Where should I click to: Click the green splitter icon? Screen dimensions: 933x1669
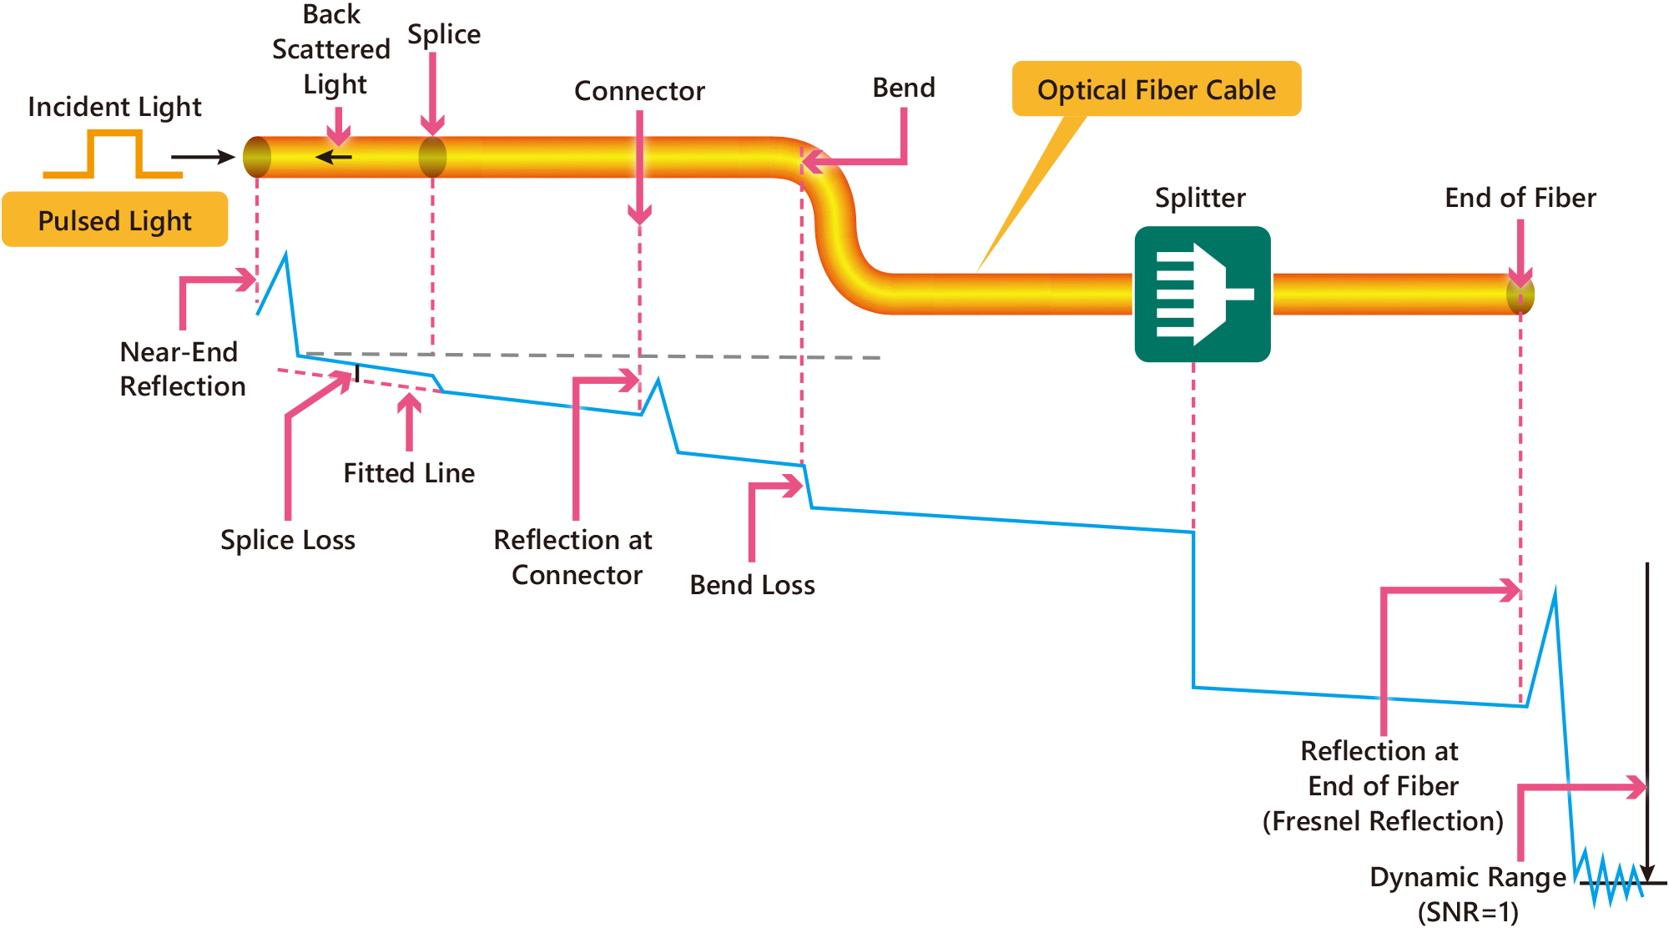coord(1203,294)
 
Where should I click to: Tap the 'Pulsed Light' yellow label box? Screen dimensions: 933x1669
coord(114,220)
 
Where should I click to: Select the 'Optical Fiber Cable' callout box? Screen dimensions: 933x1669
coord(1156,89)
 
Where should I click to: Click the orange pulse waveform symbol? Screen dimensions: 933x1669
coord(113,155)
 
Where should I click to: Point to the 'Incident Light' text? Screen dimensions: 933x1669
coord(114,107)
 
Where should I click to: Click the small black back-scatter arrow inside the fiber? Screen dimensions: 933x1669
coord(334,157)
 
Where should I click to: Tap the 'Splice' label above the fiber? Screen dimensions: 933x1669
coord(444,34)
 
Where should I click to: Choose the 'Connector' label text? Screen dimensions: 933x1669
coord(639,90)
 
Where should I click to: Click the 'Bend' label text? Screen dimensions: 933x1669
coord(904,88)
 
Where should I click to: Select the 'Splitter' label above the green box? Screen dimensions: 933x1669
coord(1200,198)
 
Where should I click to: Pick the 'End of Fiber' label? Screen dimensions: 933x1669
coord(1520,198)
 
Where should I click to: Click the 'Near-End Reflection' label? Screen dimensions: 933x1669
coord(183,369)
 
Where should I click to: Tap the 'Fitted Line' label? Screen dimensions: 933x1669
coord(409,473)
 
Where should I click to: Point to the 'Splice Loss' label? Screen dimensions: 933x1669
coord(288,540)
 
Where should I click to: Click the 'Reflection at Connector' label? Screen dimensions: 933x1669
coord(574,557)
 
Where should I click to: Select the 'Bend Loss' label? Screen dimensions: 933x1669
coord(752,585)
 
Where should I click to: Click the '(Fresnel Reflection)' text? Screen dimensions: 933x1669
coord(1382,821)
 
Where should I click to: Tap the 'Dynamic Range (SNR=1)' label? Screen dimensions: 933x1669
coord(1468,894)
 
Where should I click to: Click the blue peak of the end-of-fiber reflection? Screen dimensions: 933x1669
coord(1555,592)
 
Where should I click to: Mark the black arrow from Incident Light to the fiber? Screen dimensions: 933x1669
coord(203,157)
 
